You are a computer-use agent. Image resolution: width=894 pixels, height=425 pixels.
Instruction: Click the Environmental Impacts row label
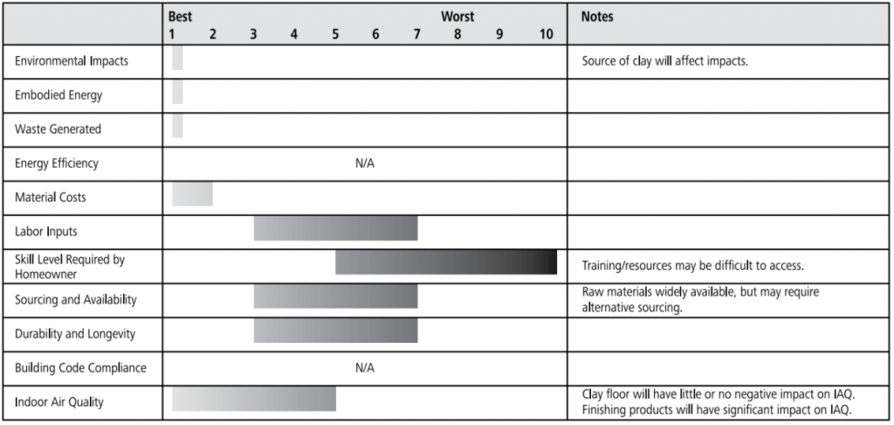coord(72,61)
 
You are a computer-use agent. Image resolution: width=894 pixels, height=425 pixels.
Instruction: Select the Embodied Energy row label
coord(58,95)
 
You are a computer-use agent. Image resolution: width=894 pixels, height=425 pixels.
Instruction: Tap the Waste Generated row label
coord(58,129)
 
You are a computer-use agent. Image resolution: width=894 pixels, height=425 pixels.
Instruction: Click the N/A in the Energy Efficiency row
coord(365,164)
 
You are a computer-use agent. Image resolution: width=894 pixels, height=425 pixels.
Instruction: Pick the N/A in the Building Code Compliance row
coord(365,368)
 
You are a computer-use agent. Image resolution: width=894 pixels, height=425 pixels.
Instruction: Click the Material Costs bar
coord(192,194)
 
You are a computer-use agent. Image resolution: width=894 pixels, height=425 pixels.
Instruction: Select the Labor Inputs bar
coord(335,227)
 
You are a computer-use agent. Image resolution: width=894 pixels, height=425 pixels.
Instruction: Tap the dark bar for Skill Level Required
coord(445,261)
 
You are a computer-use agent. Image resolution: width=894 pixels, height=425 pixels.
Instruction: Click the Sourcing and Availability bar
coord(335,296)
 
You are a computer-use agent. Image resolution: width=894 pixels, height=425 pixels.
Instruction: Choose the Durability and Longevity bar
coord(335,330)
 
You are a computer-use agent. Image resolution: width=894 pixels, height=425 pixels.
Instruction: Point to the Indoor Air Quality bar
coord(253,399)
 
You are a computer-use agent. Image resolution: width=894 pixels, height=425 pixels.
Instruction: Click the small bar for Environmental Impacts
coord(177,58)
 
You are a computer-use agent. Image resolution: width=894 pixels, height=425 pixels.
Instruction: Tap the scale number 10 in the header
coord(546,34)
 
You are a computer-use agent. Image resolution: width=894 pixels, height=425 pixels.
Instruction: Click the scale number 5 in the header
coord(335,34)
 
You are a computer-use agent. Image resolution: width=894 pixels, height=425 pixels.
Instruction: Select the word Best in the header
coord(181,17)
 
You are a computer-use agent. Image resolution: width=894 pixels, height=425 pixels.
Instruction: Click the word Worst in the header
coord(457,17)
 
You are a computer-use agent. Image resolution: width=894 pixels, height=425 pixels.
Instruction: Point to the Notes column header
coord(597,17)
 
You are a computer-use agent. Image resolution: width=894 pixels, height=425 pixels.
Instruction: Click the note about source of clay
coord(665,61)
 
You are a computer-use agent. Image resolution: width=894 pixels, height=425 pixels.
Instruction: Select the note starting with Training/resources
coord(692,265)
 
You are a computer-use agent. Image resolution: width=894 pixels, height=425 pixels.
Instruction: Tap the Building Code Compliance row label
coord(80,368)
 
